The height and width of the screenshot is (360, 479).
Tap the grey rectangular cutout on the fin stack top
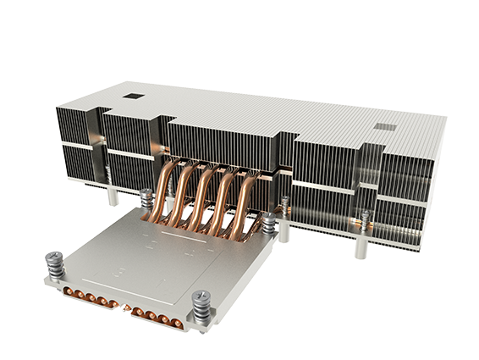[x=386, y=127]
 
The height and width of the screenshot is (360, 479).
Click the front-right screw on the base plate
[x=201, y=304]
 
